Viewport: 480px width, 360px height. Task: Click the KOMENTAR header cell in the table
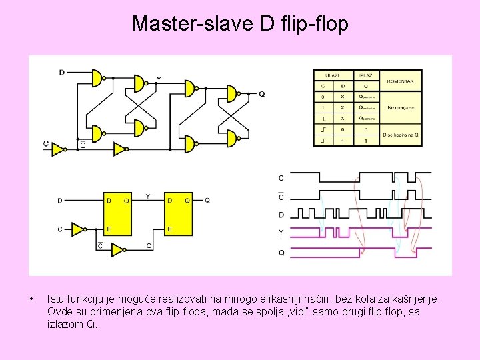click(399, 82)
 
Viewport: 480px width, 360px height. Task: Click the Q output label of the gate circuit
click(261, 94)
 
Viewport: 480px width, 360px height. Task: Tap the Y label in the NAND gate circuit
click(158, 79)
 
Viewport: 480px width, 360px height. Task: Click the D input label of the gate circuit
click(61, 72)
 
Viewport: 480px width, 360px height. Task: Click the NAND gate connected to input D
click(98, 78)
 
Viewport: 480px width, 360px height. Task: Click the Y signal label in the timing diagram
click(281, 233)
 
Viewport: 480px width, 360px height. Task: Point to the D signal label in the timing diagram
click(281, 215)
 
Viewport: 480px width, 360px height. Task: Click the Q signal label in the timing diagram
click(281, 253)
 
